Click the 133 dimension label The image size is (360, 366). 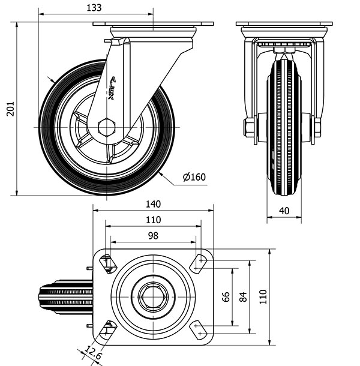point(94,7)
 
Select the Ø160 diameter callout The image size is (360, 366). point(194,177)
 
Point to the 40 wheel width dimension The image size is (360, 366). point(284,211)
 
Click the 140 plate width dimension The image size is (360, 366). point(153,204)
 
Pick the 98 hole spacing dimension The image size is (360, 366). point(153,236)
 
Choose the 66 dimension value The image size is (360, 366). point(226,297)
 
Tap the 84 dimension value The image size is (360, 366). point(243,297)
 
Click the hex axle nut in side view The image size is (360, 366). point(106,127)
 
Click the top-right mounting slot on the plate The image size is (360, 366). point(198,263)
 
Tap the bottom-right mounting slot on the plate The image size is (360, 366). point(198,329)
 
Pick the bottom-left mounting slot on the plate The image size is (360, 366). point(108,329)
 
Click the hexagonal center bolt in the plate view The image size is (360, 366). point(153,296)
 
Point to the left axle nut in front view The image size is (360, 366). point(248,127)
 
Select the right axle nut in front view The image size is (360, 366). point(317,127)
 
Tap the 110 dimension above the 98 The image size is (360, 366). point(153,220)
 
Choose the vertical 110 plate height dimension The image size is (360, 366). point(263,297)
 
